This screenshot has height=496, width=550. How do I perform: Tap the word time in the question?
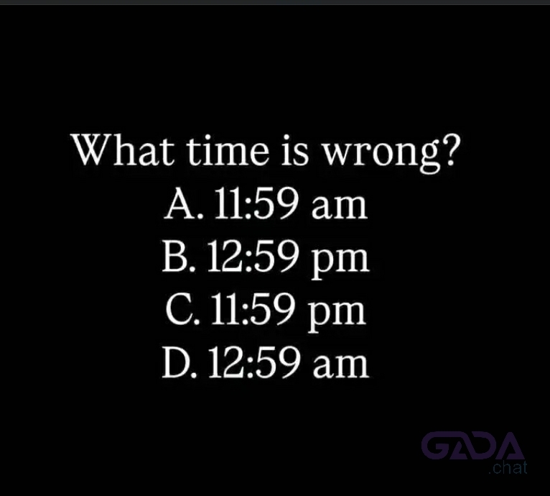(x=231, y=150)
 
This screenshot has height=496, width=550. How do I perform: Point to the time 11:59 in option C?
(x=252, y=309)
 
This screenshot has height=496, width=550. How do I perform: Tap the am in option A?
(x=339, y=207)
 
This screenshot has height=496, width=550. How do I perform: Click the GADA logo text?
(x=473, y=446)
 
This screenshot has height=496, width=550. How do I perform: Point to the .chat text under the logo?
(x=508, y=467)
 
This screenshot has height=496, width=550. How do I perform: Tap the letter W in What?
(x=93, y=150)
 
